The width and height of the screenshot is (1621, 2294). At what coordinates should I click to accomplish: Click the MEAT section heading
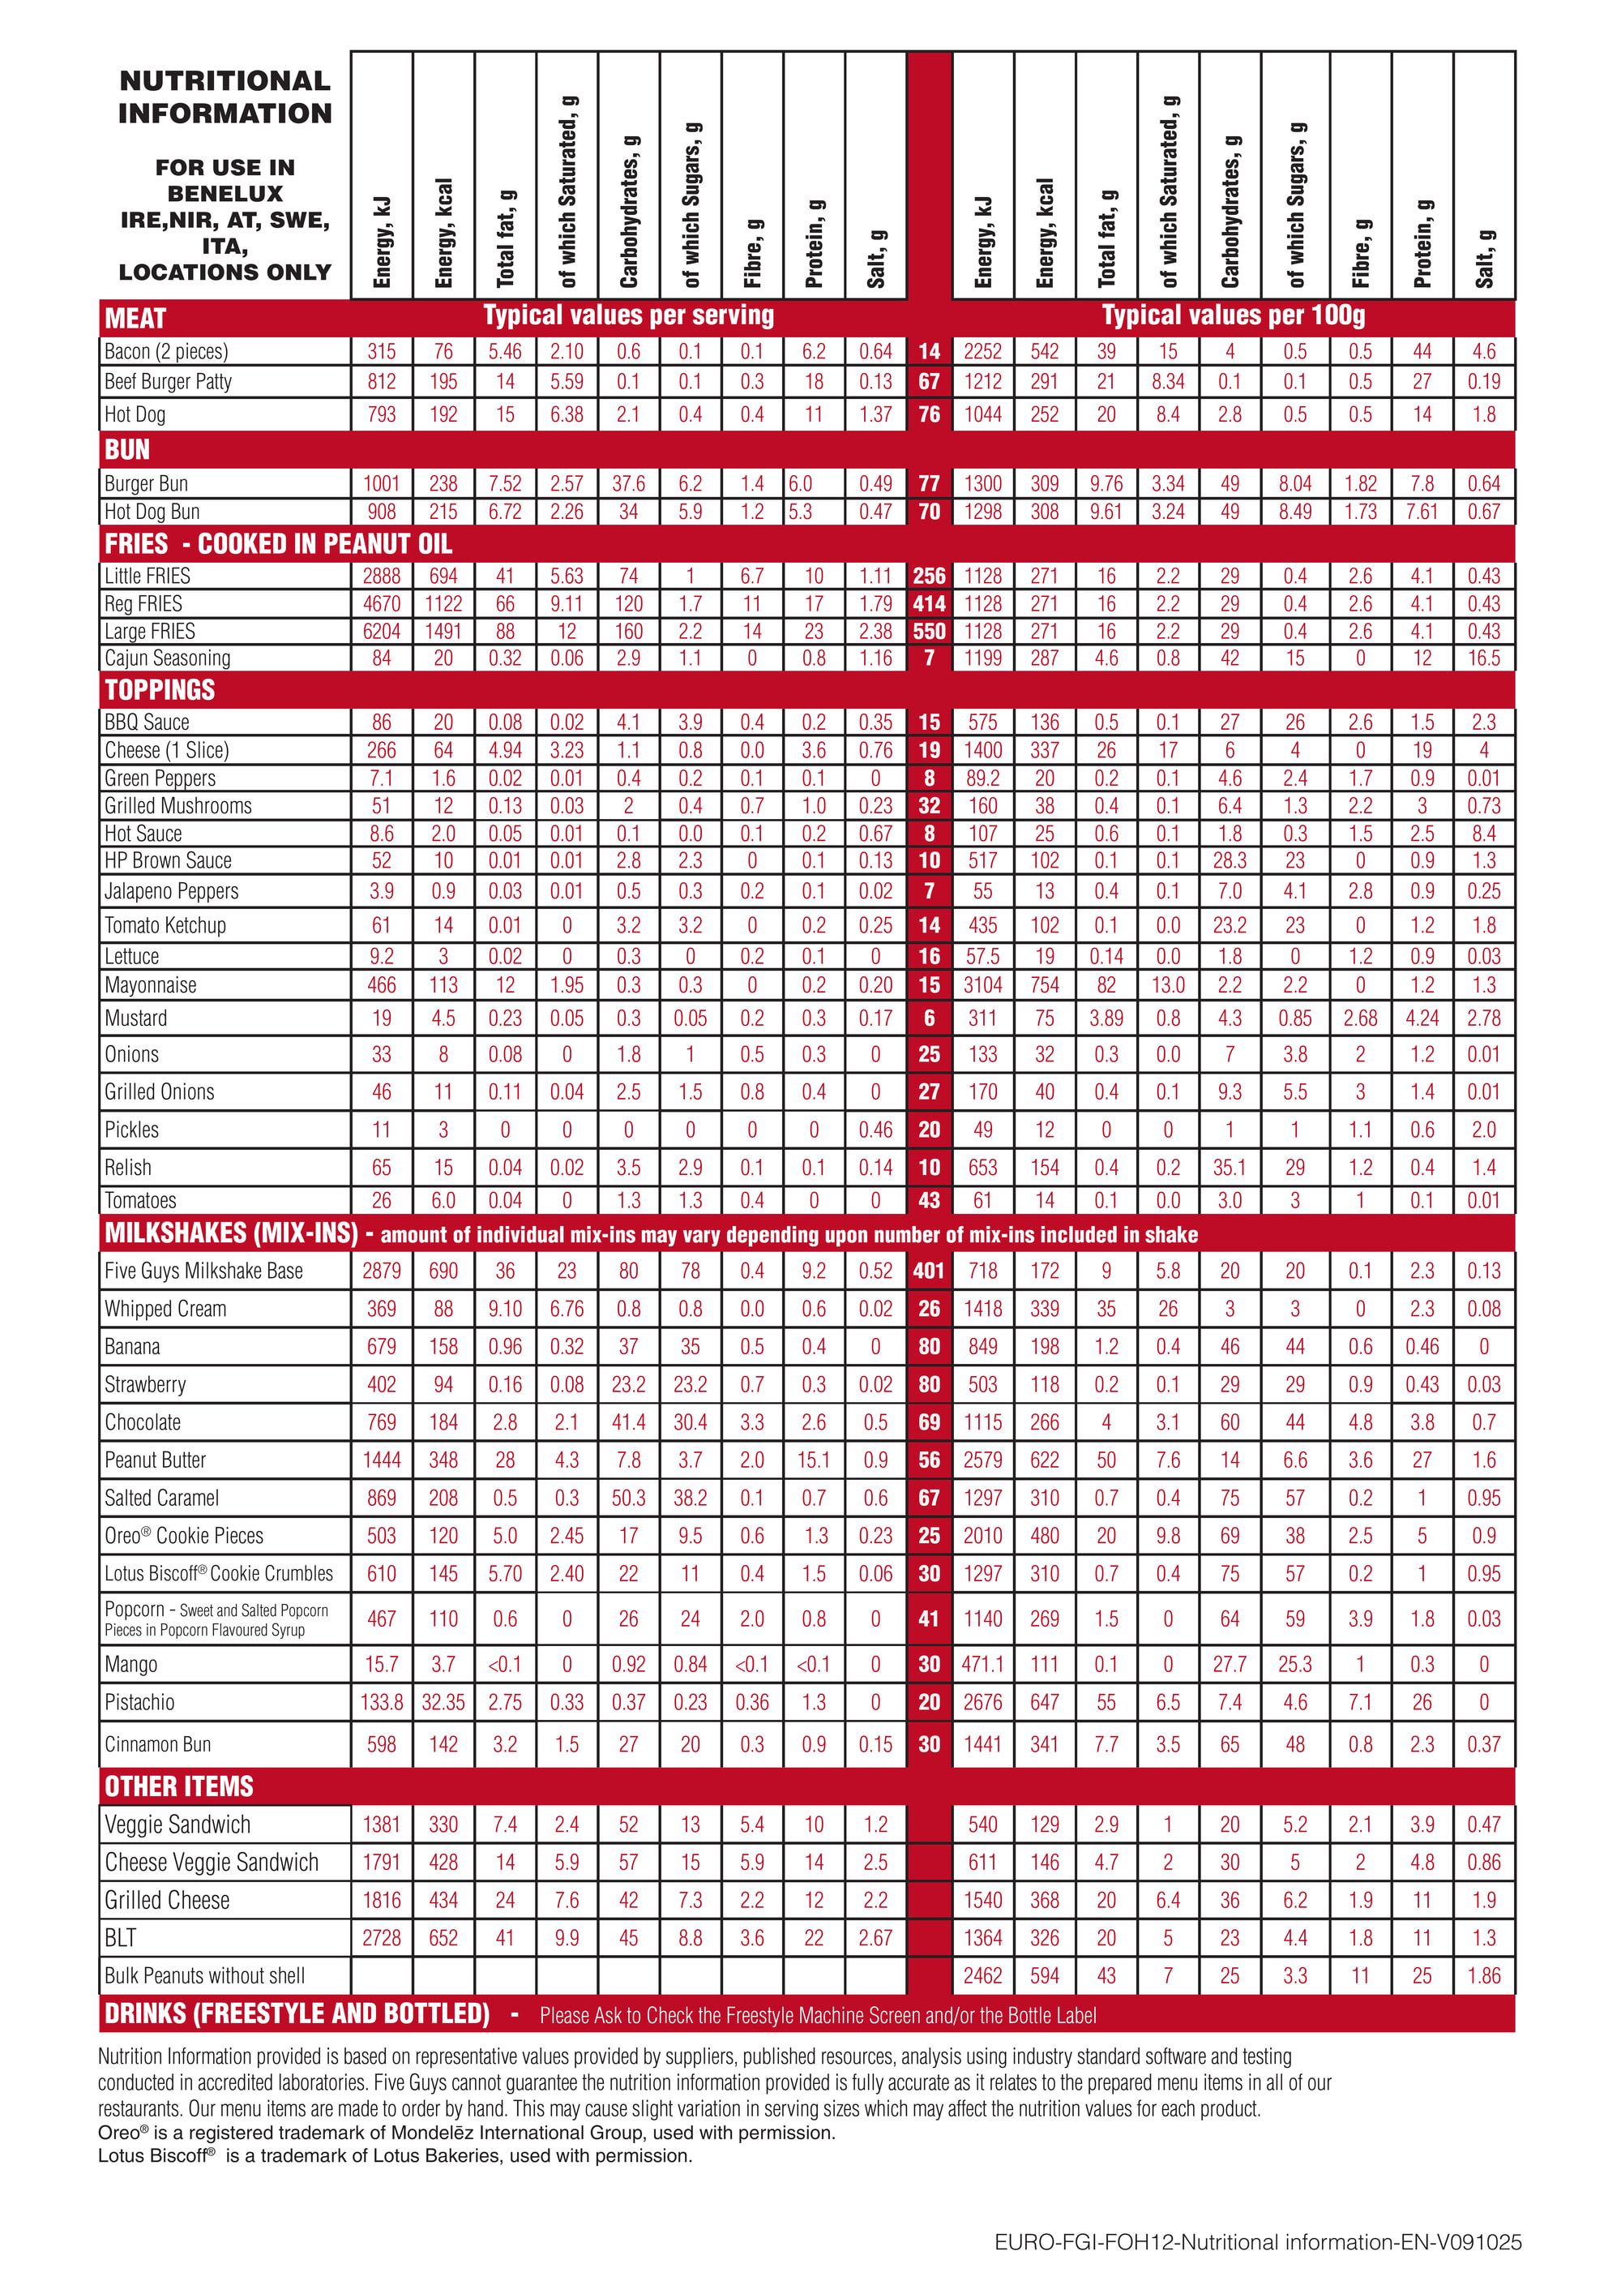click(136, 319)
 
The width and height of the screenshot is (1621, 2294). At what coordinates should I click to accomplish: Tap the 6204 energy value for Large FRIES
click(382, 632)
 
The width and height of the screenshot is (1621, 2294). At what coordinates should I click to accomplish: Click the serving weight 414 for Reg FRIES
click(929, 603)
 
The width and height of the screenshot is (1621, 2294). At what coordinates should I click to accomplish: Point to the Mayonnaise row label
click(151, 985)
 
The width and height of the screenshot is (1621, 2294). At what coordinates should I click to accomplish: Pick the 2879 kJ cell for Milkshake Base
click(382, 1271)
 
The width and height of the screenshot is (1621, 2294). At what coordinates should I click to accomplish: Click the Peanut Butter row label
click(155, 1460)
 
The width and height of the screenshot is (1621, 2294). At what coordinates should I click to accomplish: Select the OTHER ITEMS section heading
click(179, 1786)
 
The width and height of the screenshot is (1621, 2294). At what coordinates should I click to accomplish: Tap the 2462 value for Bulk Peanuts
click(983, 1975)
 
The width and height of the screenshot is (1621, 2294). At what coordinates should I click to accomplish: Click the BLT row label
click(120, 1937)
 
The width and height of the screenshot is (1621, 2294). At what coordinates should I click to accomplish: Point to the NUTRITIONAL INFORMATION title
click(225, 97)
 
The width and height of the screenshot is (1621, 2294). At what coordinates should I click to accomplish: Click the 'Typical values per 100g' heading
click(1233, 315)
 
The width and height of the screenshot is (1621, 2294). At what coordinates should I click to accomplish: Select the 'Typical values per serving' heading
click(628, 315)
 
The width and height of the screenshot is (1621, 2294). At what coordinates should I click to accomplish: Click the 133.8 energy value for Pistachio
click(382, 1701)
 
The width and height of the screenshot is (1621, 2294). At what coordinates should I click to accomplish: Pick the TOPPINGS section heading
click(160, 689)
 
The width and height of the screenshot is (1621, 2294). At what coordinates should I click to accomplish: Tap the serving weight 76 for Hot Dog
click(929, 414)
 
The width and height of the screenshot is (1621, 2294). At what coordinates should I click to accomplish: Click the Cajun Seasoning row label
click(168, 658)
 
